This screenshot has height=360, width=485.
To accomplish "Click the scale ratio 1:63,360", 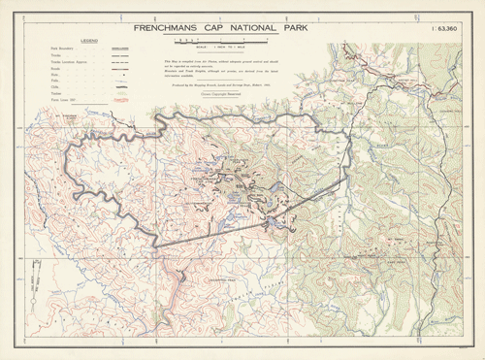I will (x=446, y=29).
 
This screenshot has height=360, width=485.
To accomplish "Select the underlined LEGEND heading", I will (x=88, y=41).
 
